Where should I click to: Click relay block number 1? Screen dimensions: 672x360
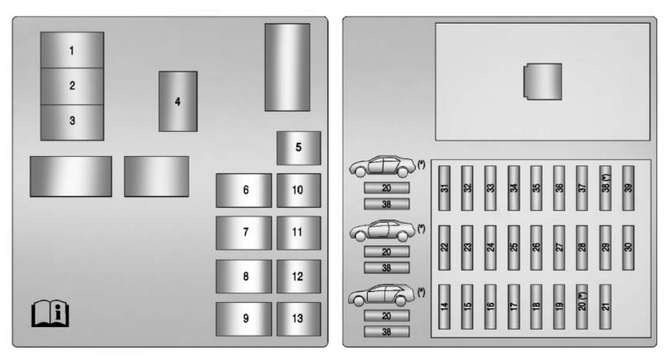[72, 50]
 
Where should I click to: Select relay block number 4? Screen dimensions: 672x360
[178, 102]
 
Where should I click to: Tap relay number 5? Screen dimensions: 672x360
[299, 148]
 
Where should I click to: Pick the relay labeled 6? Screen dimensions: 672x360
[244, 190]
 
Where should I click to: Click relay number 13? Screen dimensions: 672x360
[299, 319]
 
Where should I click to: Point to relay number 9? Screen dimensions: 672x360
[244, 319]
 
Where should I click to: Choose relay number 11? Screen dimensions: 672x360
[299, 233]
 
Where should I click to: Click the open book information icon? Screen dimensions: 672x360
[50, 313]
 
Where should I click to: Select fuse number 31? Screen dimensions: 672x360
[445, 188]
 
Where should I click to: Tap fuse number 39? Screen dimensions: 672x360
[628, 188]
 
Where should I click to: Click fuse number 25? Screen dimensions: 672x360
[513, 247]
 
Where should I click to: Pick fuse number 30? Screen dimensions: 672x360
[628, 247]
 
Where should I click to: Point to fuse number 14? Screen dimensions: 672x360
[445, 306]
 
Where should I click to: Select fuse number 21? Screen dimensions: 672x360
[605, 306]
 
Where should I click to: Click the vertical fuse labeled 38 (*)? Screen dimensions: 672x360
[605, 188]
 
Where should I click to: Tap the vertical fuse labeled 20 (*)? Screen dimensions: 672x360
[582, 306]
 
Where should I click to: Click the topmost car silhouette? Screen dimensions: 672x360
[382, 167]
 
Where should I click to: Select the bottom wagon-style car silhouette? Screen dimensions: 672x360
[382, 295]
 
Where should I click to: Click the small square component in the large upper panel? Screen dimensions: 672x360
[543, 82]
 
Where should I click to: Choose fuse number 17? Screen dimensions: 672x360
[513, 306]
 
